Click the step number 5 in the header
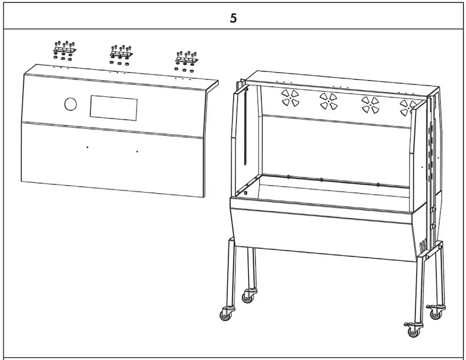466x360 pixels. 233,18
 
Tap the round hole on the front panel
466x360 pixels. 70,104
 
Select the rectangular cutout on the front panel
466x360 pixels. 114,108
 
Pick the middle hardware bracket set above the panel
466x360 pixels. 121,54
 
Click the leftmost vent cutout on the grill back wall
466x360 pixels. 290,97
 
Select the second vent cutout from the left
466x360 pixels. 329,101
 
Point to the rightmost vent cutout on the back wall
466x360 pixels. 409,107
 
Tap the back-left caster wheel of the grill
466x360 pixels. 248,296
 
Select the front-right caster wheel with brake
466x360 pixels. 413,331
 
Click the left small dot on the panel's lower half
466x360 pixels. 87,148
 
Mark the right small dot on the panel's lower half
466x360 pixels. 137,152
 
